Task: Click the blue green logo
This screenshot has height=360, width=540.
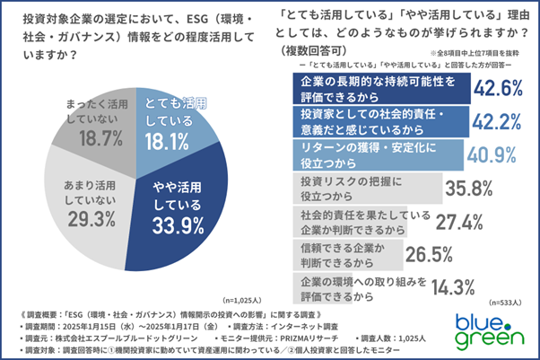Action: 488,329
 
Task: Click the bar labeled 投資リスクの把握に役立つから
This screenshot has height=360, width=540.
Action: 369,188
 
